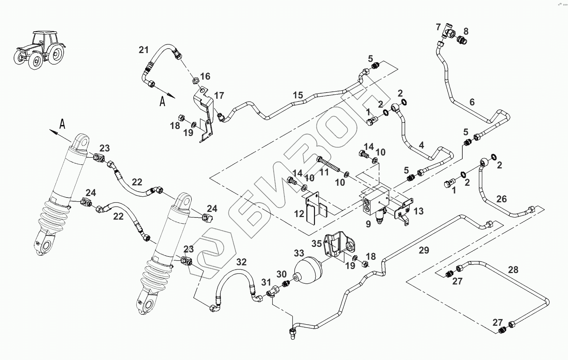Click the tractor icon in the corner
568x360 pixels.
[x=39, y=50]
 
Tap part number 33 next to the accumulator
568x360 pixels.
[x=299, y=253]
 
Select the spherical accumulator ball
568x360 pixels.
[x=308, y=271]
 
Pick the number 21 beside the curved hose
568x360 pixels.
[x=144, y=50]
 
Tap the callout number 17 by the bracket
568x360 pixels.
[x=219, y=96]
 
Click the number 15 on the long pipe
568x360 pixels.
[x=298, y=95]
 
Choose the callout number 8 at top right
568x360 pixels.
[x=466, y=31]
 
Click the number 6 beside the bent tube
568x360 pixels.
[x=472, y=102]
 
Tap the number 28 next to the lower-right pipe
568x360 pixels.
[x=513, y=270]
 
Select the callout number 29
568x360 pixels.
[x=424, y=250]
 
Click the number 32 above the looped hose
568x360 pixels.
[x=241, y=262]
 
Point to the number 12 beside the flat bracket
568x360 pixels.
[x=299, y=214]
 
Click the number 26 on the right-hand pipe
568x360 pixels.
[x=501, y=199]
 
